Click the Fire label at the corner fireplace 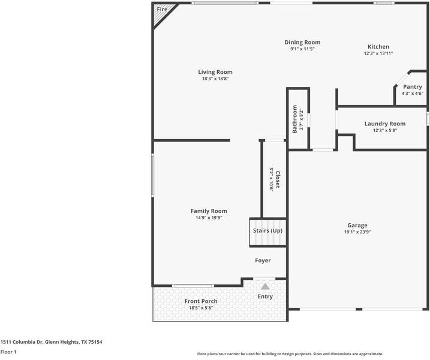coord(162,10)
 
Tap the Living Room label coord(215,72)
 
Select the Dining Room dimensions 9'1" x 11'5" coord(302,49)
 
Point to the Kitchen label coord(378,47)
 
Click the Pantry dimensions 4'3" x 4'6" coord(413,93)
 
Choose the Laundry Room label coord(385,124)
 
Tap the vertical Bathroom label coord(295,119)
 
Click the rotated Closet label coord(278,179)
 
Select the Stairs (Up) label coord(267,230)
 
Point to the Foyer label coord(263,260)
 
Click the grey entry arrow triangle coord(265,287)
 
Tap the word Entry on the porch coord(265,296)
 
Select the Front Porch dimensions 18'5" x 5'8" coord(201,308)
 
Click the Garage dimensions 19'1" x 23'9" coord(357,232)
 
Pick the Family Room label coord(209,211)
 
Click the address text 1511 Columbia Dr coord(22,342)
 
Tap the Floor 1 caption coord(8,352)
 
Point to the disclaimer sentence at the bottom coord(290,354)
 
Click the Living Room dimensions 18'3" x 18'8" coord(215,79)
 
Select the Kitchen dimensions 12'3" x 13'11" coord(378,53)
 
